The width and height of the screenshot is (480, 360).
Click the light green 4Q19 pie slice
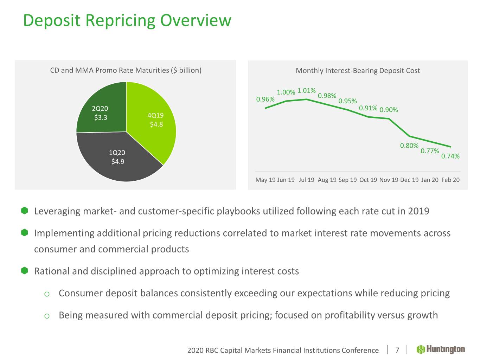[155, 120]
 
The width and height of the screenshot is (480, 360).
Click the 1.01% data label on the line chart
[306, 91]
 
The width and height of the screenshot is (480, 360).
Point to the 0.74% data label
[450, 156]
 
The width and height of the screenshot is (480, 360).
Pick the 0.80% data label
[409, 146]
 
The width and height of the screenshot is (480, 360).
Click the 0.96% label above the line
[265, 99]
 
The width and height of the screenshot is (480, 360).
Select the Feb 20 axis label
[450, 180]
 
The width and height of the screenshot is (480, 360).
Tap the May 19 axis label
[265, 180]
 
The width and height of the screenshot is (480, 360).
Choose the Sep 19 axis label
[347, 180]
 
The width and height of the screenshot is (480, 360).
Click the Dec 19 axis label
[409, 180]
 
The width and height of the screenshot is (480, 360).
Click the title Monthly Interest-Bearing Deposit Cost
[358, 71]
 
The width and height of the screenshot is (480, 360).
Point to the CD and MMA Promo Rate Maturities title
[126, 70]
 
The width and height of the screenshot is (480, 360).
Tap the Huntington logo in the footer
[441, 349]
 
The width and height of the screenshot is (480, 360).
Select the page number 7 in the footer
[397, 350]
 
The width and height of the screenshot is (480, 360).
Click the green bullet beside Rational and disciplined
[24, 271]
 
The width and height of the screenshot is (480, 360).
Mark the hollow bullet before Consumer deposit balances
[47, 294]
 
